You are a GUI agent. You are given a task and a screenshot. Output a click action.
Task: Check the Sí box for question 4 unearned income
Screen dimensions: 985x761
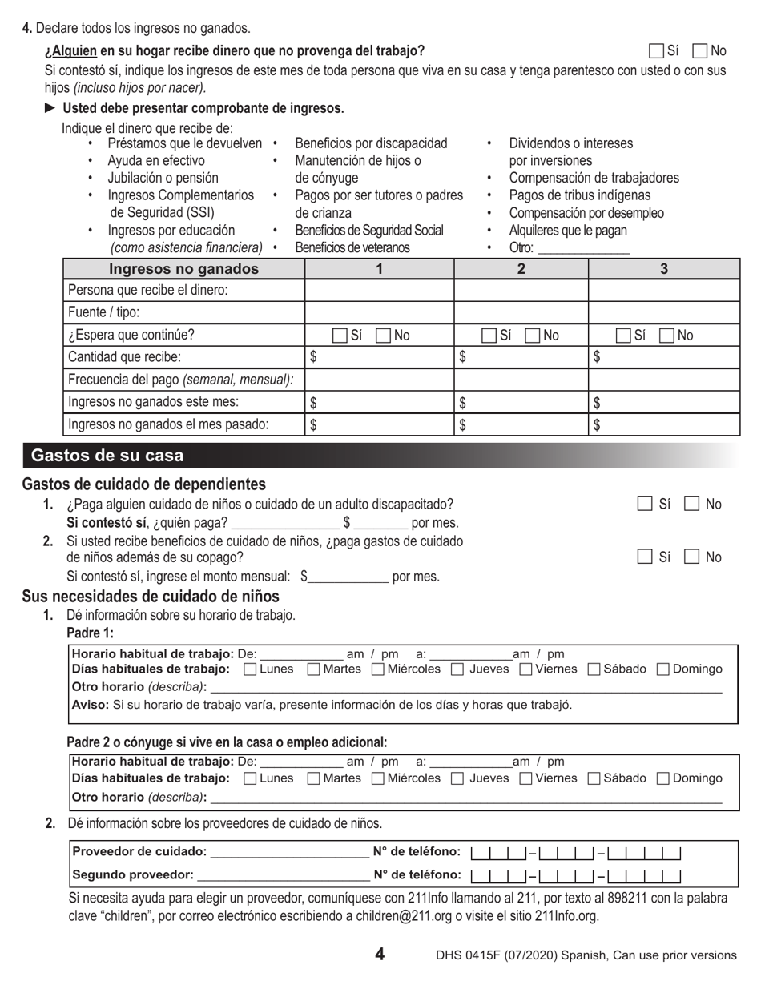(x=656, y=51)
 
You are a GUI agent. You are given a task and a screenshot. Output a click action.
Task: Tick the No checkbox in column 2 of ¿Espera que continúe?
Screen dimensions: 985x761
(x=533, y=336)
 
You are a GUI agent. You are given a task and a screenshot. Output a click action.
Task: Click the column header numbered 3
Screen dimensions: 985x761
(x=663, y=269)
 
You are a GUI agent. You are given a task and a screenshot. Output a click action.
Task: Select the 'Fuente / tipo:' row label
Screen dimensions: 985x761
(x=104, y=312)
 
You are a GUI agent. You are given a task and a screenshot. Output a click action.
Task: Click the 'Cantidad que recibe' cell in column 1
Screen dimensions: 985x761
(x=380, y=357)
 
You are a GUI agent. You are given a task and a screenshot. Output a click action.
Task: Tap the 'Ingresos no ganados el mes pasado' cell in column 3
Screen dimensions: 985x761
(x=664, y=425)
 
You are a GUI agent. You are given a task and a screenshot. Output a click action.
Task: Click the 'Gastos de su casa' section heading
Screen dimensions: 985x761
(x=107, y=456)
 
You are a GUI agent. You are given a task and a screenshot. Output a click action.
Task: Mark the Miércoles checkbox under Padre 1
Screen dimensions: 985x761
(x=379, y=669)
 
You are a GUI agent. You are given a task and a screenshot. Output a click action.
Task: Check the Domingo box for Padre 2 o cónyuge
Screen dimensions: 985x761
(x=663, y=778)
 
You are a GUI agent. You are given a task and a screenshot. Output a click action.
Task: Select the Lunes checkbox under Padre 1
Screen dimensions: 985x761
(x=250, y=669)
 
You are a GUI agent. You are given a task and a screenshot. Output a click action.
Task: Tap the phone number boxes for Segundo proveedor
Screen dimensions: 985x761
(x=576, y=876)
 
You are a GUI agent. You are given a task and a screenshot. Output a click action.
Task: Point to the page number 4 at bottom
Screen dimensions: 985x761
(x=380, y=954)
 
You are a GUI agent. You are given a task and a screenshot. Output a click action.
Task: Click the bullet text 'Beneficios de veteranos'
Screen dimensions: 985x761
(x=352, y=247)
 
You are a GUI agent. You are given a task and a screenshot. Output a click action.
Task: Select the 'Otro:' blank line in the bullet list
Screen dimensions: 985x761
(x=584, y=248)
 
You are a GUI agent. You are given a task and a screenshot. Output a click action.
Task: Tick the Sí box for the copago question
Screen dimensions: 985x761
(x=645, y=557)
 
